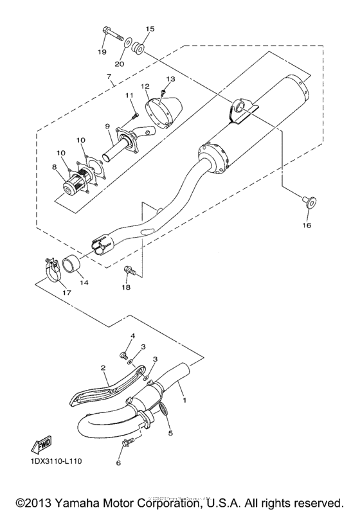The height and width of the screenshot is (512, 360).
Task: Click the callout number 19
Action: tap(102, 51)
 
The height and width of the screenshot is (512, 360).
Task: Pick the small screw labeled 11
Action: tap(134, 115)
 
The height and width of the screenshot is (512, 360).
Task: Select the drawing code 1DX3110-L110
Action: tap(53, 461)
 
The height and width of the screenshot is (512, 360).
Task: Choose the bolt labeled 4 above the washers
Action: tap(124, 353)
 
